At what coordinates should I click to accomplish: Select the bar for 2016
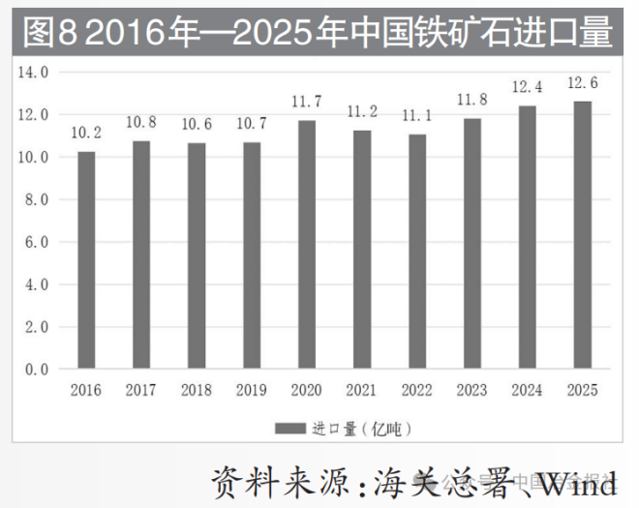tap(86, 260)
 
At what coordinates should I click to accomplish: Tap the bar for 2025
tap(582, 235)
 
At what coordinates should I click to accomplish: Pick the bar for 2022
tap(417, 252)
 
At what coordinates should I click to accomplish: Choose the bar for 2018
tap(197, 256)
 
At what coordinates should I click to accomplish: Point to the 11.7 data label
tap(307, 102)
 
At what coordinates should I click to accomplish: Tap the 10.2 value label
tap(86, 134)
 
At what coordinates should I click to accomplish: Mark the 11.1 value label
tap(417, 115)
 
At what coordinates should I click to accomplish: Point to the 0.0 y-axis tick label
tap(37, 370)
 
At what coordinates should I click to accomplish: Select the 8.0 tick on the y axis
tap(37, 199)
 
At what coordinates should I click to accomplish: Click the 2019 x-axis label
tap(252, 390)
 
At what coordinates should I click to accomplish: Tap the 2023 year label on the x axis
tap(472, 390)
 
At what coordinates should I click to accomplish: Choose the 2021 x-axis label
tap(362, 390)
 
